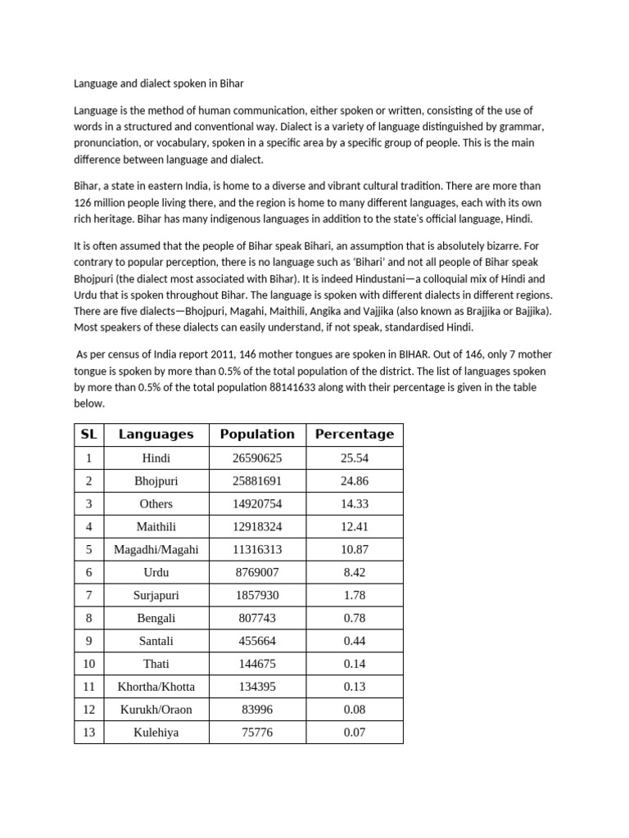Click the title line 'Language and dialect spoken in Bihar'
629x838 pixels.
point(158,83)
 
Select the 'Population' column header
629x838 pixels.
point(257,435)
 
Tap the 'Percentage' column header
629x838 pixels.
point(354,435)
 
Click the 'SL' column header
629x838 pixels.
point(88,435)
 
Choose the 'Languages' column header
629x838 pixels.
point(156,435)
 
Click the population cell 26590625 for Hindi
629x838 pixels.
point(257,458)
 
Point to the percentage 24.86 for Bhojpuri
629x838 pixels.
point(354,481)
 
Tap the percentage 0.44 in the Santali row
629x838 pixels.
point(354,641)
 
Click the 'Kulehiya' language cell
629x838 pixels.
point(156,732)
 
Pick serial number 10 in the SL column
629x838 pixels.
point(88,664)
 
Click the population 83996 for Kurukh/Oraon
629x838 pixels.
point(257,710)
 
